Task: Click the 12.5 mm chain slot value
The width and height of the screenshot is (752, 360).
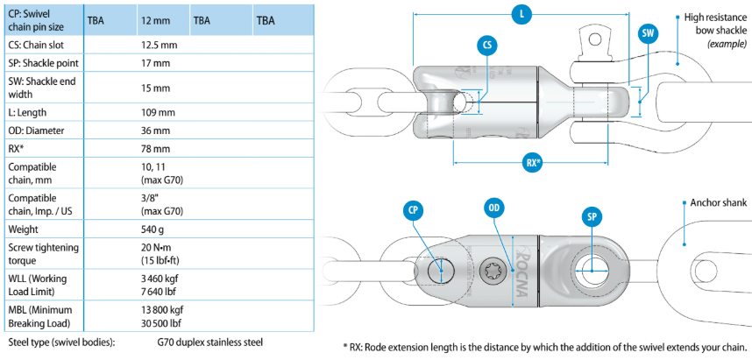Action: (160, 45)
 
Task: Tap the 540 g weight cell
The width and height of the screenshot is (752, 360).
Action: (153, 229)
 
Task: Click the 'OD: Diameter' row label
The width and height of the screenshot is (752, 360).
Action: (36, 131)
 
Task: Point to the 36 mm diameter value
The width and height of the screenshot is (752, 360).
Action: (156, 131)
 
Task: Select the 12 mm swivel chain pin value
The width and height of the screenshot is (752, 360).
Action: (156, 21)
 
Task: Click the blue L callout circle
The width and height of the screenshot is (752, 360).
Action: (521, 14)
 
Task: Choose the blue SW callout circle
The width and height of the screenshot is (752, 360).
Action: (649, 33)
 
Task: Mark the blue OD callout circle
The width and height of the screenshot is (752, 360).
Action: (495, 208)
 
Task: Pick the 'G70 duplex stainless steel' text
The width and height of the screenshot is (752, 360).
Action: (210, 342)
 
